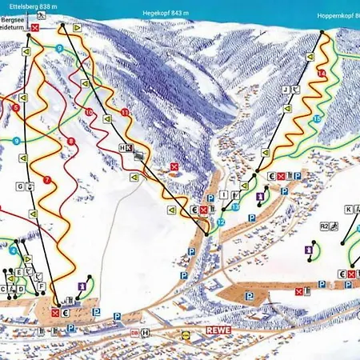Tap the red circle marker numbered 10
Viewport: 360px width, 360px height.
(88, 112)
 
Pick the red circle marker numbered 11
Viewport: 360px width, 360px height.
(125, 113)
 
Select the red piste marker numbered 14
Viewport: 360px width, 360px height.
(321, 74)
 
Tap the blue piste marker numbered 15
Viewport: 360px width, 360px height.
(317, 118)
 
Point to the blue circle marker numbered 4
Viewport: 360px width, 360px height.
(14, 250)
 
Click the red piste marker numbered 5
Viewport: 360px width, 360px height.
(15, 107)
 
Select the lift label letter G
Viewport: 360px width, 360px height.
(19, 187)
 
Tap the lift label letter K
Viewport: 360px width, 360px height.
(348, 210)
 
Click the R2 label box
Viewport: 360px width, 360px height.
(325, 226)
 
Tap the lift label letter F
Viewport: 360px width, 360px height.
(42, 286)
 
